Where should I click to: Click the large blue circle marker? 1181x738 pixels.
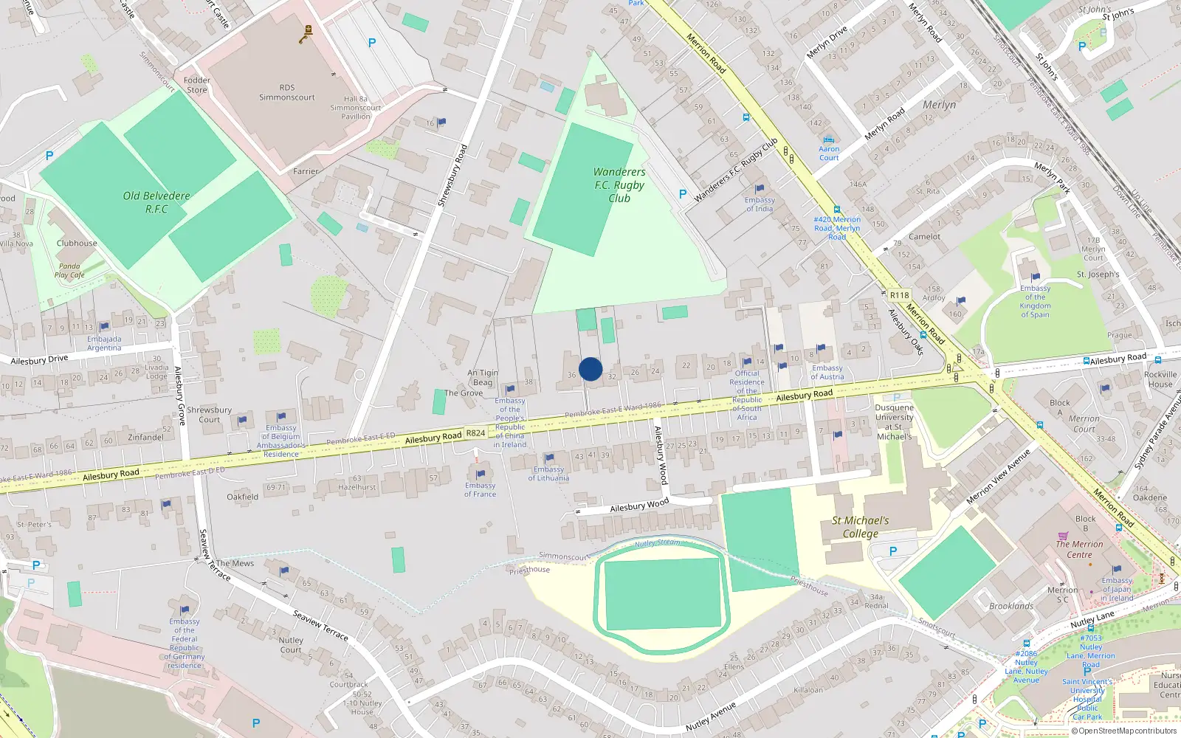(x=590, y=369)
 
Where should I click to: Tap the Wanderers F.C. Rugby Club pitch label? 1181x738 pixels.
(x=619, y=185)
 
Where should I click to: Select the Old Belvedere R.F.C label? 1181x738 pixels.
(x=156, y=202)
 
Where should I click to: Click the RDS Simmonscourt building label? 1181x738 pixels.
(x=286, y=92)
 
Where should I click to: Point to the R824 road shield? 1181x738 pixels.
(x=476, y=433)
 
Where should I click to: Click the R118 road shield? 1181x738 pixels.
(x=899, y=295)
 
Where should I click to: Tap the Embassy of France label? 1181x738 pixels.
(x=480, y=490)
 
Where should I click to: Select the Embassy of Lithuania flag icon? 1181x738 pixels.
(x=549, y=458)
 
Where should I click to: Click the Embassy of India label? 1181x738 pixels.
(x=760, y=204)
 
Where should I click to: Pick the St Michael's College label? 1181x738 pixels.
(x=860, y=527)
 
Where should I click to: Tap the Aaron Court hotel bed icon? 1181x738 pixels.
(x=828, y=139)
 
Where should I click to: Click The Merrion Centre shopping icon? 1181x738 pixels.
(x=1063, y=536)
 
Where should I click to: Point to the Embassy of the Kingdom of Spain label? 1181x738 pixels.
(x=1035, y=302)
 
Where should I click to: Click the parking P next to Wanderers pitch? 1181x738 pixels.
(x=683, y=194)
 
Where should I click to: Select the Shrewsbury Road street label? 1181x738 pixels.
(x=452, y=175)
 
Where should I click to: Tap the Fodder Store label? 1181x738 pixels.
(x=196, y=85)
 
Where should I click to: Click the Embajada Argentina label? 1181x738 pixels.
(x=104, y=343)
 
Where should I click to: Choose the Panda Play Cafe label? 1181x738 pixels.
(x=69, y=271)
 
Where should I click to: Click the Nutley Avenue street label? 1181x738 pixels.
(x=711, y=717)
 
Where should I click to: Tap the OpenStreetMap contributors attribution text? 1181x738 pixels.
(x=1123, y=731)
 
